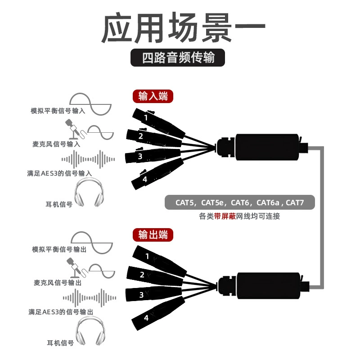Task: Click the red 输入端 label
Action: click(x=153, y=96)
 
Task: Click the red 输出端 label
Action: click(x=153, y=235)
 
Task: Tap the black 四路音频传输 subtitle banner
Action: click(x=178, y=58)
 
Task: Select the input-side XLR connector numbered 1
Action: click(x=158, y=123)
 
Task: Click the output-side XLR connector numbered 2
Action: click(x=155, y=276)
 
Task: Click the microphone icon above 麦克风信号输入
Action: click(x=75, y=130)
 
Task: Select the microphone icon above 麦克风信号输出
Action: click(x=76, y=268)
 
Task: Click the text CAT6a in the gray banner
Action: click(x=268, y=202)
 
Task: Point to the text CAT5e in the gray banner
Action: click(x=212, y=202)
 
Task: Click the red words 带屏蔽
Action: click(x=225, y=216)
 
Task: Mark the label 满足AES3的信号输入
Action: click(x=59, y=173)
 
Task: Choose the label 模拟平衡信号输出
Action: click(x=59, y=249)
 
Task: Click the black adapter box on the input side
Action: click(x=267, y=147)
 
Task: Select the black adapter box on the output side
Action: click(x=268, y=286)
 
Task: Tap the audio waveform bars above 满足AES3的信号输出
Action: click(x=90, y=298)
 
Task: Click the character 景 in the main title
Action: click(x=217, y=27)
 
